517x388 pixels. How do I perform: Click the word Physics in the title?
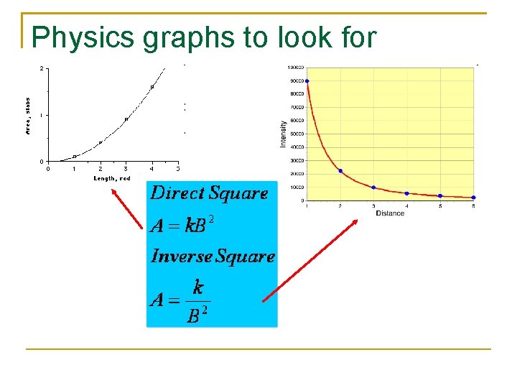pyautogui.click(x=83, y=37)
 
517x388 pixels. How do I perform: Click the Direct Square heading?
pyautogui.click(x=209, y=193)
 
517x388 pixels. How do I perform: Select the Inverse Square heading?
pyautogui.click(x=213, y=257)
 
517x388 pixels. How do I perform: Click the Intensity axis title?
pyautogui.click(x=283, y=134)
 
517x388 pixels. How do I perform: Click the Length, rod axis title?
pyautogui.click(x=112, y=178)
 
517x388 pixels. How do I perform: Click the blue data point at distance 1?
pyautogui.click(x=307, y=80)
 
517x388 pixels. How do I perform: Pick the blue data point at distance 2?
pyautogui.click(x=340, y=171)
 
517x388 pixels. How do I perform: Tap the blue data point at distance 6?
pyautogui.click(x=473, y=198)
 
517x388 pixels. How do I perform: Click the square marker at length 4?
pyautogui.click(x=152, y=87)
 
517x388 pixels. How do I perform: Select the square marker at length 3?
pyautogui.click(x=126, y=119)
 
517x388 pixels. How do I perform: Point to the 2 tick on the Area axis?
pyautogui.click(x=42, y=69)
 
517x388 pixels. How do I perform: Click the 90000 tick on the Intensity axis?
pyautogui.click(x=295, y=80)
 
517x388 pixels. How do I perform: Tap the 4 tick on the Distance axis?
pyautogui.click(x=406, y=206)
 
